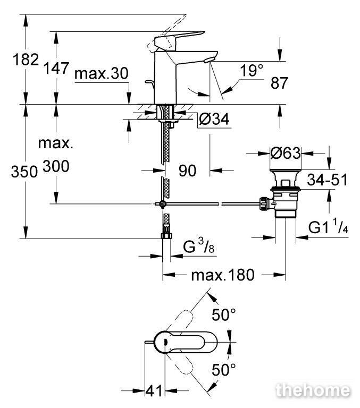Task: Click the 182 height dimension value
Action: [x=26, y=59]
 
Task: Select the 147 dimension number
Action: [x=56, y=68]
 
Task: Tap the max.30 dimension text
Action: [x=102, y=73]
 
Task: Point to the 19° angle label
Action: [x=252, y=70]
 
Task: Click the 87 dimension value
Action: [x=279, y=83]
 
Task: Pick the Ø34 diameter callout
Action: [x=214, y=119]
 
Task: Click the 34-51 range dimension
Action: [x=327, y=180]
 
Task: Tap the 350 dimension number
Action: [x=24, y=172]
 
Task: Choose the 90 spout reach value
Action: [x=187, y=171]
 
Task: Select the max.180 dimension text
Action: [x=223, y=275]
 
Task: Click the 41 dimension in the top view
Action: [x=154, y=391]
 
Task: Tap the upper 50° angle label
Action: [x=224, y=314]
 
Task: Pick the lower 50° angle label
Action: [x=224, y=370]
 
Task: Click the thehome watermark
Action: [x=313, y=390]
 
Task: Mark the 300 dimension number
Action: [x=56, y=166]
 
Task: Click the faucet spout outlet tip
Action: [x=208, y=61]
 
